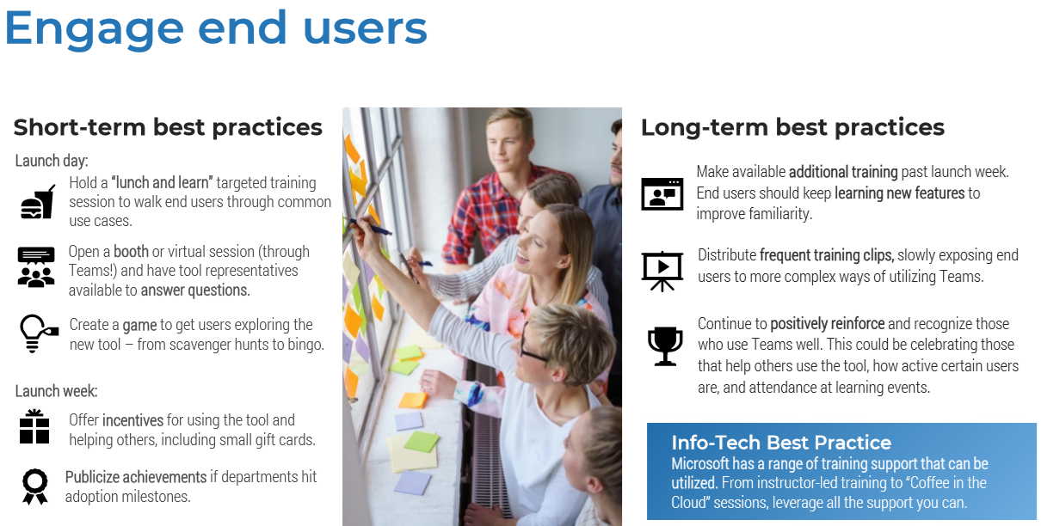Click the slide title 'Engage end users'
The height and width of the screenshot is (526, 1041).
[x=215, y=29]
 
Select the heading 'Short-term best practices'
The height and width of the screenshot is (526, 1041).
[x=168, y=127]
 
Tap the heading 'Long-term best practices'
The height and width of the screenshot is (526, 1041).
[x=792, y=127]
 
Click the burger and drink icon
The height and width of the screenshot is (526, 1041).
[x=38, y=202]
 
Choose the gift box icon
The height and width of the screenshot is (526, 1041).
[x=34, y=426]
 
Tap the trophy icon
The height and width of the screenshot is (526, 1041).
[x=665, y=346]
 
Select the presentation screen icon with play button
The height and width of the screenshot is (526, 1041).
[x=662, y=271]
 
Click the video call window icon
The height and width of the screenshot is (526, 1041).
[x=662, y=194]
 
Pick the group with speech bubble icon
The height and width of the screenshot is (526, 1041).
[x=36, y=267]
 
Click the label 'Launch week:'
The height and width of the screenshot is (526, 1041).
[x=56, y=391]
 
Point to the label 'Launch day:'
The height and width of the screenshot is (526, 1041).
[x=52, y=161]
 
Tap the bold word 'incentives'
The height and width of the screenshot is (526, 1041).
[x=132, y=420]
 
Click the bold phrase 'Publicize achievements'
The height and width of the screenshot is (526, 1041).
[x=136, y=477]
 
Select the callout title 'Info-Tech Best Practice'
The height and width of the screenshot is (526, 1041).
[x=781, y=443]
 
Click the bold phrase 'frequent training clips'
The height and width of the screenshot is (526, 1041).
[x=827, y=255]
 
